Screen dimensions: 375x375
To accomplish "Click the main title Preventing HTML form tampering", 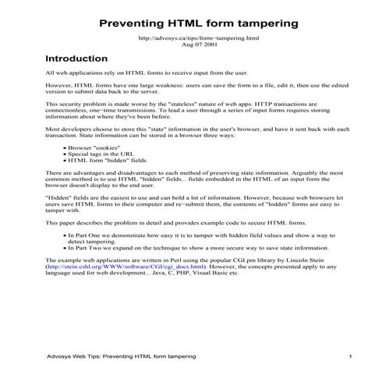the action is click(x=187, y=19).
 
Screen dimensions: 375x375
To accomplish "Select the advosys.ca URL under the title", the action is click(x=187, y=37).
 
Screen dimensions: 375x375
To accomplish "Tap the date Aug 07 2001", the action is click(x=187, y=44).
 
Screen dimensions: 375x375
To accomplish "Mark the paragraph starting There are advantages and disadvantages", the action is click(x=187, y=178).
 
